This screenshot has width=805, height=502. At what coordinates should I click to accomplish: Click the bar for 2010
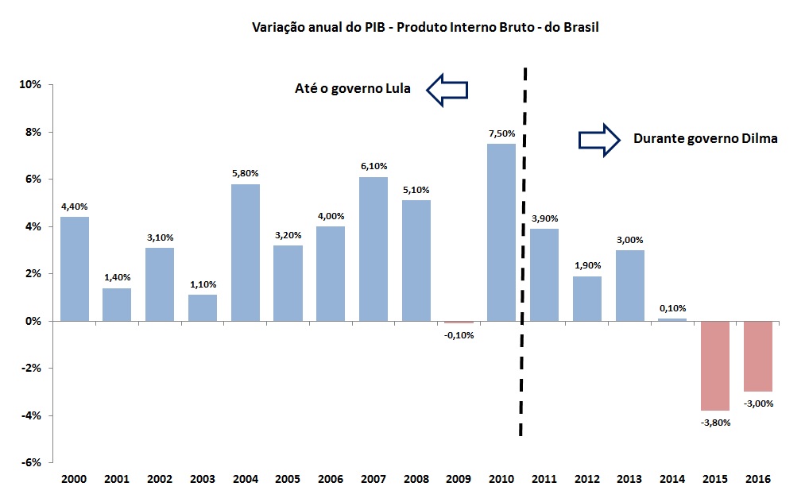pos(501,232)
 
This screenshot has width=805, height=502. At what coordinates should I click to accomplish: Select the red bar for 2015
pos(715,365)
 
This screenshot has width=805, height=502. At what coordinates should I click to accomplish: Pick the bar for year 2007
pos(373,249)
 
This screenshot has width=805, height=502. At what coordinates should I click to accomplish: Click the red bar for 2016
pos(758,356)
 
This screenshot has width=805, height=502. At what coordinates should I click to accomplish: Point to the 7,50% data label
pos(501,133)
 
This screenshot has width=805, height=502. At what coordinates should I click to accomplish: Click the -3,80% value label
pos(715,423)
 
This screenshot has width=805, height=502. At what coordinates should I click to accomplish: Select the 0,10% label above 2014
pos(672,308)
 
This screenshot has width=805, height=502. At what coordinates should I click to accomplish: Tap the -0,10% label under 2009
pos(459,335)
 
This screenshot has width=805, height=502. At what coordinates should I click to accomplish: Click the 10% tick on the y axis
pos(31,85)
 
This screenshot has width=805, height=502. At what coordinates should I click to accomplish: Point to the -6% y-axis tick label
pos(31,463)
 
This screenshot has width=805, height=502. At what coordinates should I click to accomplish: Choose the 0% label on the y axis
pos(34,322)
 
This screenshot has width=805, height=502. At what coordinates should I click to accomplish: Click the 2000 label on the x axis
pos(74,480)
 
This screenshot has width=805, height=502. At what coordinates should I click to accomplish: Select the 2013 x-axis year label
pos(629,480)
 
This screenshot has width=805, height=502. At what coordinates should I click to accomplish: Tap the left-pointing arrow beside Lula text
pos(447,89)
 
